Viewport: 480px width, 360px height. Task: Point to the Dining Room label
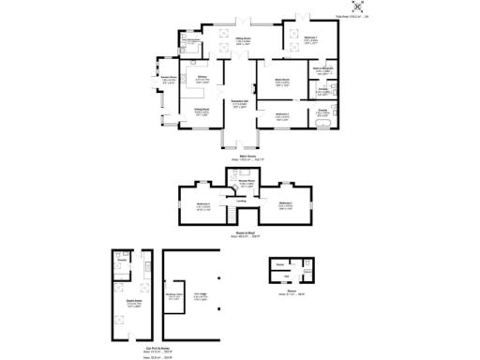(x=202, y=112)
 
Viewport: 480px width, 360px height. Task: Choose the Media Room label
(x=281, y=82)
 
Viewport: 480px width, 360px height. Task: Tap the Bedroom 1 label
(x=309, y=40)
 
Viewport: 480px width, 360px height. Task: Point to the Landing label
(x=241, y=201)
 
